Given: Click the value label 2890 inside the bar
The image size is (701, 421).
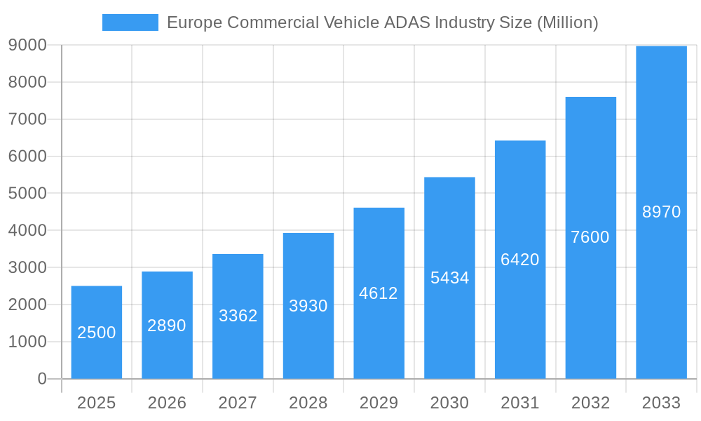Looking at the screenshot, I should (167, 326).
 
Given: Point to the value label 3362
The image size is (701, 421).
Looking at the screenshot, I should (238, 316).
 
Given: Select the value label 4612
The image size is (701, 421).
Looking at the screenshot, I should (379, 293).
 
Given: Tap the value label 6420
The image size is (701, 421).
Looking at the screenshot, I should (520, 260).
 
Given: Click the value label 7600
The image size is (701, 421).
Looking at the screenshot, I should (590, 237).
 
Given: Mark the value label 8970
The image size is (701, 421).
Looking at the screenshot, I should (661, 212).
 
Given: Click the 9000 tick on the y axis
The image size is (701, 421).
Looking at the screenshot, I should (27, 45).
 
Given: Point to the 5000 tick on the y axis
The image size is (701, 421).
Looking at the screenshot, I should (27, 193).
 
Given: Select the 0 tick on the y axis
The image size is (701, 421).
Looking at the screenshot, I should (41, 379).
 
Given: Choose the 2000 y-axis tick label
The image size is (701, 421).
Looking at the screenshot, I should (27, 305).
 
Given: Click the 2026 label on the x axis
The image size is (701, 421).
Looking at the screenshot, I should (167, 403).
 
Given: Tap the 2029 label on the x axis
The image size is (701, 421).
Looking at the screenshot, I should (379, 403).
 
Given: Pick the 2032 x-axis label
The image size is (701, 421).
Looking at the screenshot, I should (590, 403).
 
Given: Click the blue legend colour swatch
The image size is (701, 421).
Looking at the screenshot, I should (130, 22).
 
